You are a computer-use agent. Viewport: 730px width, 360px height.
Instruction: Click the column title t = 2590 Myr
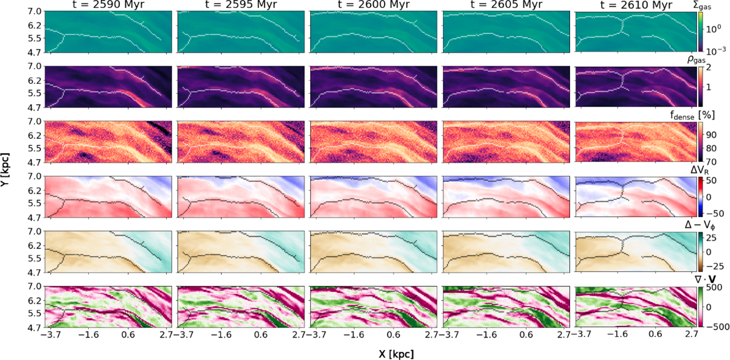(108, 5)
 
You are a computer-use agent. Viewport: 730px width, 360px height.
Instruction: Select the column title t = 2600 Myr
(374, 5)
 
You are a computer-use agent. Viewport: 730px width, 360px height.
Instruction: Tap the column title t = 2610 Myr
(636, 5)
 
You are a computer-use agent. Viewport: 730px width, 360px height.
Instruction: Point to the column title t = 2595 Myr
(241, 5)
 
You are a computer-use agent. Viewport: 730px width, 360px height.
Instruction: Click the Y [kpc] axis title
(5, 170)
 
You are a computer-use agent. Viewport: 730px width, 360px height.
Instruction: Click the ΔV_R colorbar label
(700, 170)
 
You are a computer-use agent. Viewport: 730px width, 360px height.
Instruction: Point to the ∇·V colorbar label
(705, 279)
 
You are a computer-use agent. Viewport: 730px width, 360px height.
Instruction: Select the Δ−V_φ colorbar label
(700, 225)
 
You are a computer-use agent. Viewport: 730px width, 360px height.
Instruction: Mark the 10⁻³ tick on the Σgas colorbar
(715, 50)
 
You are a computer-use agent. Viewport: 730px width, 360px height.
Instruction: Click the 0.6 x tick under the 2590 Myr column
(128, 334)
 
